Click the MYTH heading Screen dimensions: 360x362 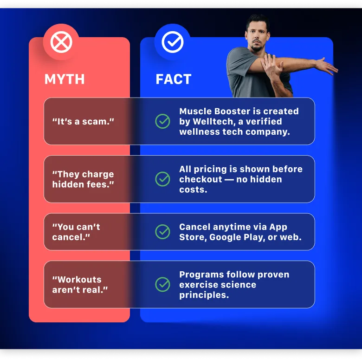(x=65, y=79)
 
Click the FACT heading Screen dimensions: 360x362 (x=173, y=79)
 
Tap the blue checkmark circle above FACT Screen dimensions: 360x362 (x=173, y=42)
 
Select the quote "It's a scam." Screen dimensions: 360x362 (x=84, y=121)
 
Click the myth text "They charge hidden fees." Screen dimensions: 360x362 (x=83, y=179)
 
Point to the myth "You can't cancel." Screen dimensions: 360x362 (x=76, y=232)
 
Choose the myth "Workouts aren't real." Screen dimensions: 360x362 (x=80, y=284)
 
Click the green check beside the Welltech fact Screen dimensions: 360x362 (x=162, y=121)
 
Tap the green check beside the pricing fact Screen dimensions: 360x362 (x=162, y=179)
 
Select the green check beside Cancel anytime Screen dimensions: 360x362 (x=162, y=231)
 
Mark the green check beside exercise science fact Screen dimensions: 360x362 (x=162, y=284)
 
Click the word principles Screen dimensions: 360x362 (x=204, y=295)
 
